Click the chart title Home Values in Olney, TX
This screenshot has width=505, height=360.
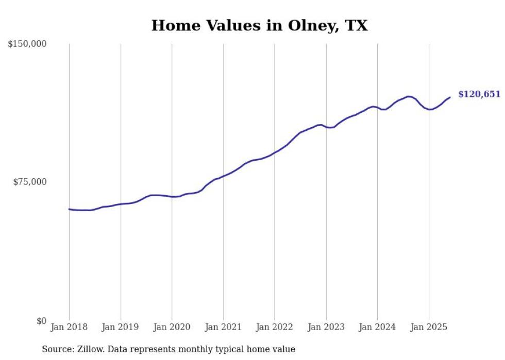click(259, 25)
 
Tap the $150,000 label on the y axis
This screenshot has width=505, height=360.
click(27, 44)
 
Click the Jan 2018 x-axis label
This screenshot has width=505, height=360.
click(69, 327)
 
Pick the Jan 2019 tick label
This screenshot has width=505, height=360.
click(121, 327)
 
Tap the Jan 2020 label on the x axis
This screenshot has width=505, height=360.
click(172, 327)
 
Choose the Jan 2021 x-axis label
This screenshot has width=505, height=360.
click(223, 327)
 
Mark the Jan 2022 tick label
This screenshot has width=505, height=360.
click(275, 327)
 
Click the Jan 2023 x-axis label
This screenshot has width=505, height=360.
click(326, 327)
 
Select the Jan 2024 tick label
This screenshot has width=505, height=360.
click(377, 327)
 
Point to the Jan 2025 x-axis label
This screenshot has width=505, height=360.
click(429, 327)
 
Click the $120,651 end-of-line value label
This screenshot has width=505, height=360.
click(479, 94)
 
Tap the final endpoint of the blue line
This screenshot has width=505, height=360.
click(450, 97)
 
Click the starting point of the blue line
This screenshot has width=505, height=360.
click(69, 209)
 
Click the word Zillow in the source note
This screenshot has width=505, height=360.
click(90, 349)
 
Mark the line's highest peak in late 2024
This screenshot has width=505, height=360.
click(409, 96)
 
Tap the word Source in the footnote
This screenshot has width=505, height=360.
click(57, 349)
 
